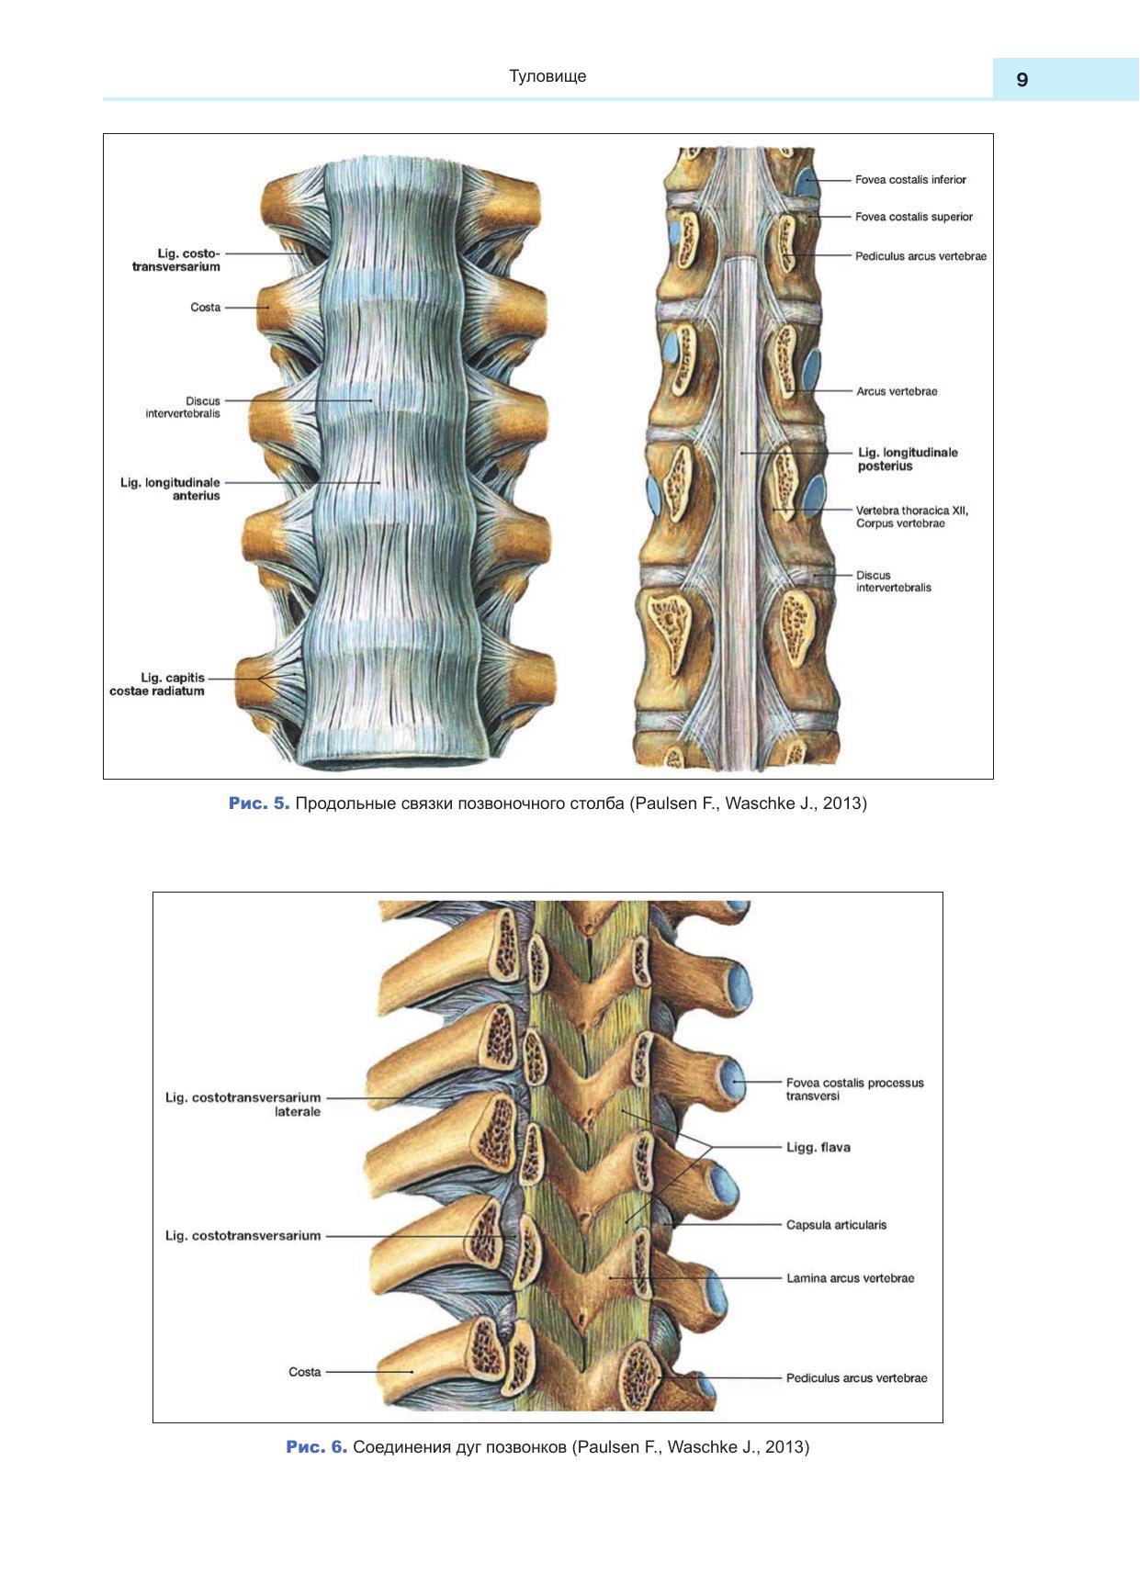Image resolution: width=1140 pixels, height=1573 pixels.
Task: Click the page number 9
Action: pos(1021,80)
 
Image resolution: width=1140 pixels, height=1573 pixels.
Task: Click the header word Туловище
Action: pos(547,76)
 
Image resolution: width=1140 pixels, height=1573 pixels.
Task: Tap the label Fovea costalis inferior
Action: pos(909,180)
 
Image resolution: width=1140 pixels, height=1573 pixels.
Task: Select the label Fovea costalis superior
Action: pos(913,217)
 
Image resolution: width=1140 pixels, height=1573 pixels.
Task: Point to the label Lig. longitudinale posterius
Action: pos(907,459)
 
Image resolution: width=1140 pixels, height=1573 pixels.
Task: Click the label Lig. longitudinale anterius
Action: pos(171,489)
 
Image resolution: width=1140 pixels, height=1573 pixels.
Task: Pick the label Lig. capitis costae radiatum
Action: pos(158,684)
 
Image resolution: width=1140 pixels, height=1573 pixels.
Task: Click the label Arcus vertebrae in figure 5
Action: pos(897,391)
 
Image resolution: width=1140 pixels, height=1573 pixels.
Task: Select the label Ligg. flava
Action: pos(818,1147)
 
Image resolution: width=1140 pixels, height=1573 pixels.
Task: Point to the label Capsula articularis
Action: pos(836,1224)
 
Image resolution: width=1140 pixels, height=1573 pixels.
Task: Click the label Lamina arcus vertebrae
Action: pos(850,1277)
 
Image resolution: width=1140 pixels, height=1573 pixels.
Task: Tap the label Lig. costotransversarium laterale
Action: pos(243,1104)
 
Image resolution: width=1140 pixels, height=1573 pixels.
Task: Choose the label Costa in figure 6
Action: pos(305,1372)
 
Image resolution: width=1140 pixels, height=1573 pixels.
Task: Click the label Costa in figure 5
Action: pos(205,308)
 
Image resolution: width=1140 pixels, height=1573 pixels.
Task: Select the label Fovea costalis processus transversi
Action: pos(854,1089)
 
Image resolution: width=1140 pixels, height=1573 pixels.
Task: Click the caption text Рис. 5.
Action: pos(259,803)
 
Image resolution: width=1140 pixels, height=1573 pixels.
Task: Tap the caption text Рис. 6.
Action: pos(316,1447)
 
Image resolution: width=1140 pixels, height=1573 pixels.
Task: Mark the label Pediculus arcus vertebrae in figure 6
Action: pos(856,1377)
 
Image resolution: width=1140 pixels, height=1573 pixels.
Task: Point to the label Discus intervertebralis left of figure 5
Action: pos(184,407)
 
